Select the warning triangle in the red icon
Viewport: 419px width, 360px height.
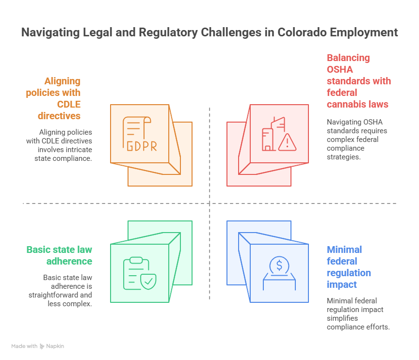click(288, 141)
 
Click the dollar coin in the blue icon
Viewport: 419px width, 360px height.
click(279, 265)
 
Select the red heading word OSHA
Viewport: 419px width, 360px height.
click(340, 69)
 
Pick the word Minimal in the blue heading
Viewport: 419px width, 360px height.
click(344, 250)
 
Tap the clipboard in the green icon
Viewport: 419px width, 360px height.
click(132, 274)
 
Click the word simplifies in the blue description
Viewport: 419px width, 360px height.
click(342, 318)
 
